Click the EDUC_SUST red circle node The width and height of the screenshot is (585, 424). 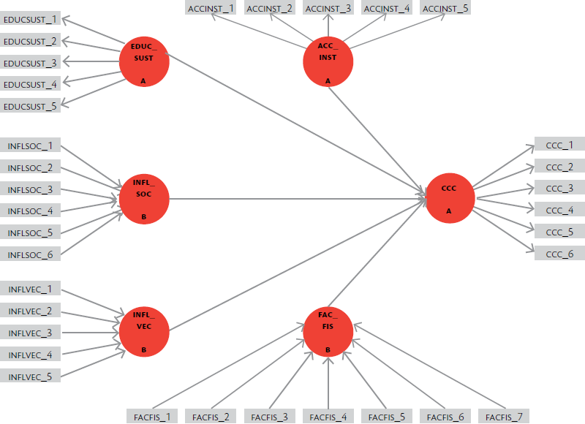point(144,62)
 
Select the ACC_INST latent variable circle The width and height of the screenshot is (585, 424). point(328,61)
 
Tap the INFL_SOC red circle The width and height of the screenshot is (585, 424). point(144,198)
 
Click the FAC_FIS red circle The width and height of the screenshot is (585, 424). point(328,331)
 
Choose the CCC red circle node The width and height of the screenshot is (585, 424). point(450,198)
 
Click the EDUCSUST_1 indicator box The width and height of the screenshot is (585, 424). point(30,18)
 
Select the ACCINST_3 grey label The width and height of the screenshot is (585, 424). point(328,9)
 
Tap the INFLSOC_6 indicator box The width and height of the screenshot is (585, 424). point(30,255)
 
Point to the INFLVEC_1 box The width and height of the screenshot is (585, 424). point(30,289)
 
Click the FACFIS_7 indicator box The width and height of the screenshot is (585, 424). point(505,417)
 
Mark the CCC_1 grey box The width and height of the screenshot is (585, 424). point(559,145)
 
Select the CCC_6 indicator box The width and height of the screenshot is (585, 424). point(559,254)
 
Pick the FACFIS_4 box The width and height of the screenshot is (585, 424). point(328,417)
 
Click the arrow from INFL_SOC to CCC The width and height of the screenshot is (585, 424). point(292,198)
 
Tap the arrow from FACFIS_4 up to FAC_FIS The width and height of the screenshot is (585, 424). point(328,384)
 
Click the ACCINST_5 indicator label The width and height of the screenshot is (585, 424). point(446,9)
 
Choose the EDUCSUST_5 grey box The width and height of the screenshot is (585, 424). point(30,106)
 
